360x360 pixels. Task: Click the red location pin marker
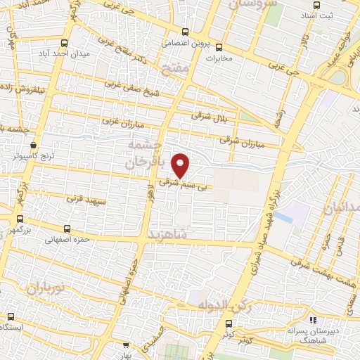pyautogui.click(x=181, y=166)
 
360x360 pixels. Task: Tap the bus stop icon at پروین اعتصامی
pyautogui.click(x=185, y=32)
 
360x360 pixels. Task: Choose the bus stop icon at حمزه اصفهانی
pyautogui.click(x=67, y=228)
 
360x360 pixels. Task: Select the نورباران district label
pyautogui.click(x=46, y=288)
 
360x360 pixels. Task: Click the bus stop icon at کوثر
pyautogui.click(x=229, y=323)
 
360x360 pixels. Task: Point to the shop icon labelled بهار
pyautogui.click(x=126, y=345)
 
